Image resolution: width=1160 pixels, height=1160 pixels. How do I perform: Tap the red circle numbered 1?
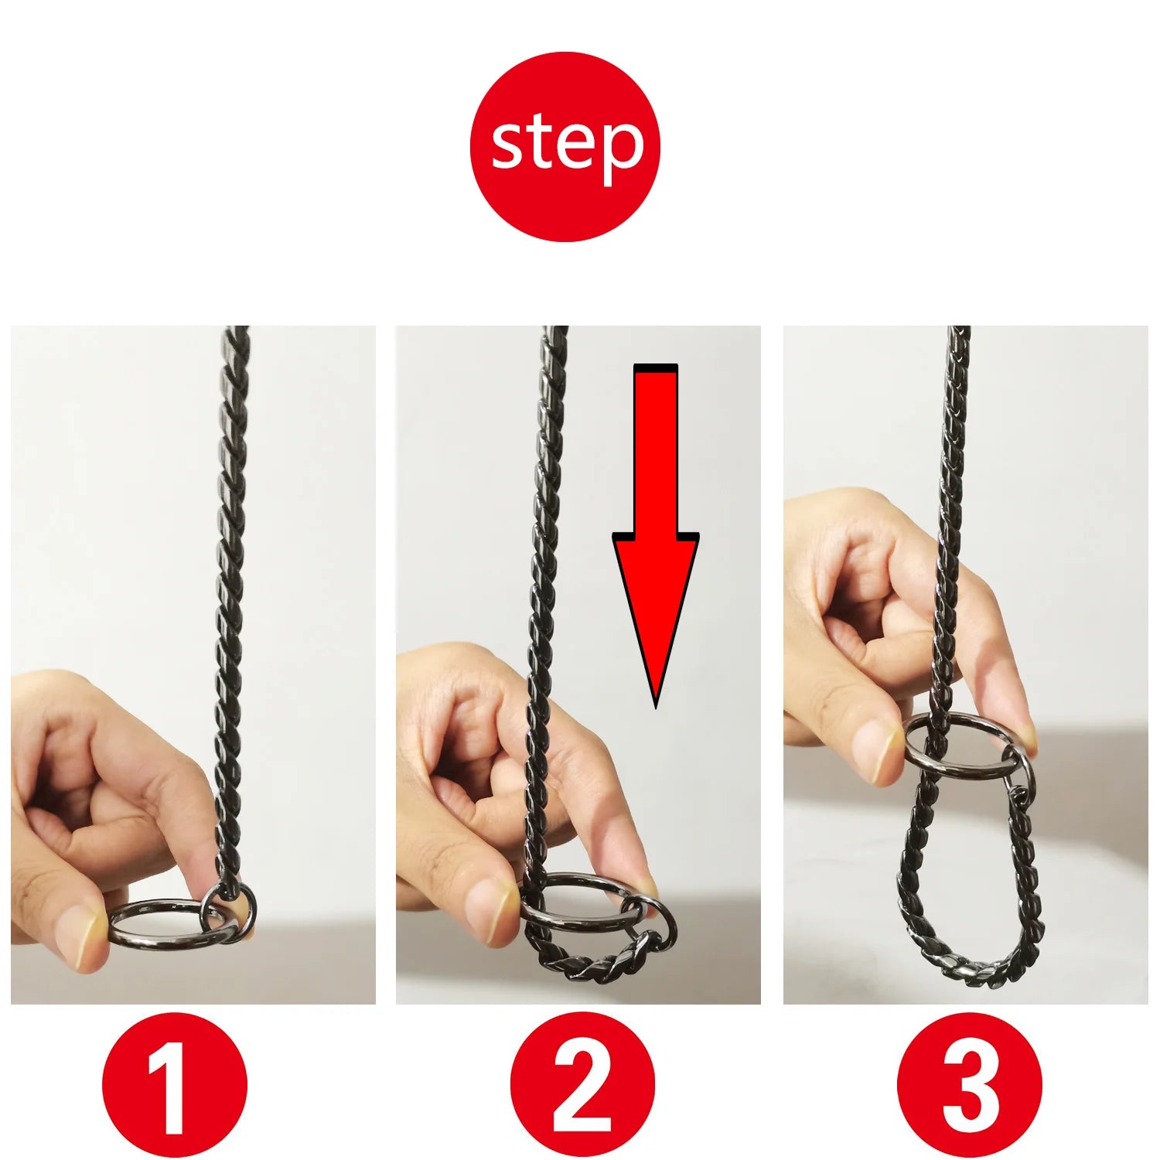[x=175, y=1084]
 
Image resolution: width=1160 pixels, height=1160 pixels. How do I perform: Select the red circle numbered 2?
[x=582, y=1084]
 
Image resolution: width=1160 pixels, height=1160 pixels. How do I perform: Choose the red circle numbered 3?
[x=970, y=1084]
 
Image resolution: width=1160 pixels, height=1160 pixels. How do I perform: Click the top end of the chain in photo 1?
[x=237, y=328]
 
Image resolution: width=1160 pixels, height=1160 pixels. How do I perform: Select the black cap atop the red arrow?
[x=656, y=367]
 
